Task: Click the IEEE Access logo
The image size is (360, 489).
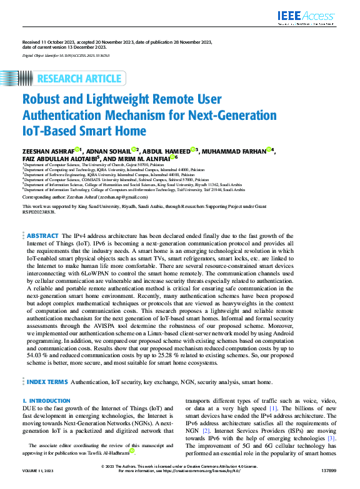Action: point(308,17)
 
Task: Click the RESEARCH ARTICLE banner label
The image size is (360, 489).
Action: point(79,79)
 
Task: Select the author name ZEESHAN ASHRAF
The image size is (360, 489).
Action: point(47,151)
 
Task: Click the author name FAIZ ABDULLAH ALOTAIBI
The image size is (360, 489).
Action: point(58,159)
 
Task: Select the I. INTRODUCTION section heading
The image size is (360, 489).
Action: point(46,401)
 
